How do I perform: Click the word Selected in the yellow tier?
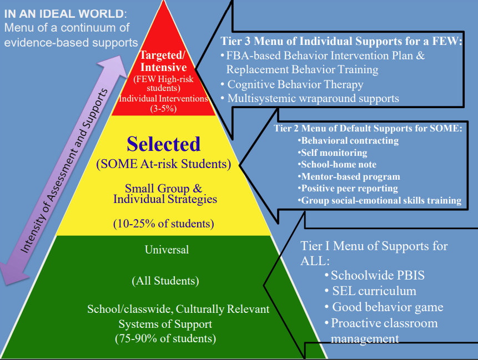tap(163, 144)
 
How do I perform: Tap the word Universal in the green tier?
tap(167, 250)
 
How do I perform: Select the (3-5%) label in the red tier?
tap(163, 109)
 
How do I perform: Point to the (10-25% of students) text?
tap(163, 224)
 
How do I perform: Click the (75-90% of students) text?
tap(165, 338)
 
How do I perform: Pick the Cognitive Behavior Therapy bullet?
tap(292, 84)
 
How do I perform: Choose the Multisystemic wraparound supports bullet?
tap(310, 98)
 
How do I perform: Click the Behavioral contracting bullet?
tap(348, 141)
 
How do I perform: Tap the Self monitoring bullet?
tap(333, 153)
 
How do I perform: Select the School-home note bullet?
tap(337, 164)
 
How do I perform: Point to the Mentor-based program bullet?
tap(349, 176)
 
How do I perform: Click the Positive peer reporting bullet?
tap(348, 189)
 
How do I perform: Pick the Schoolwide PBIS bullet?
tap(375, 275)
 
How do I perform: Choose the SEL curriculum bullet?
tap(370, 291)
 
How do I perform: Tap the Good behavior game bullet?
tap(384, 307)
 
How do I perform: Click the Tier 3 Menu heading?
tap(341, 41)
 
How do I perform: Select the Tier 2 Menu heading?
tap(368, 128)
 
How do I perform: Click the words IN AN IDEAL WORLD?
tap(64, 14)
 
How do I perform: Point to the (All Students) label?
tap(165, 281)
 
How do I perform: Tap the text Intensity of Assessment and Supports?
tap(64, 170)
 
